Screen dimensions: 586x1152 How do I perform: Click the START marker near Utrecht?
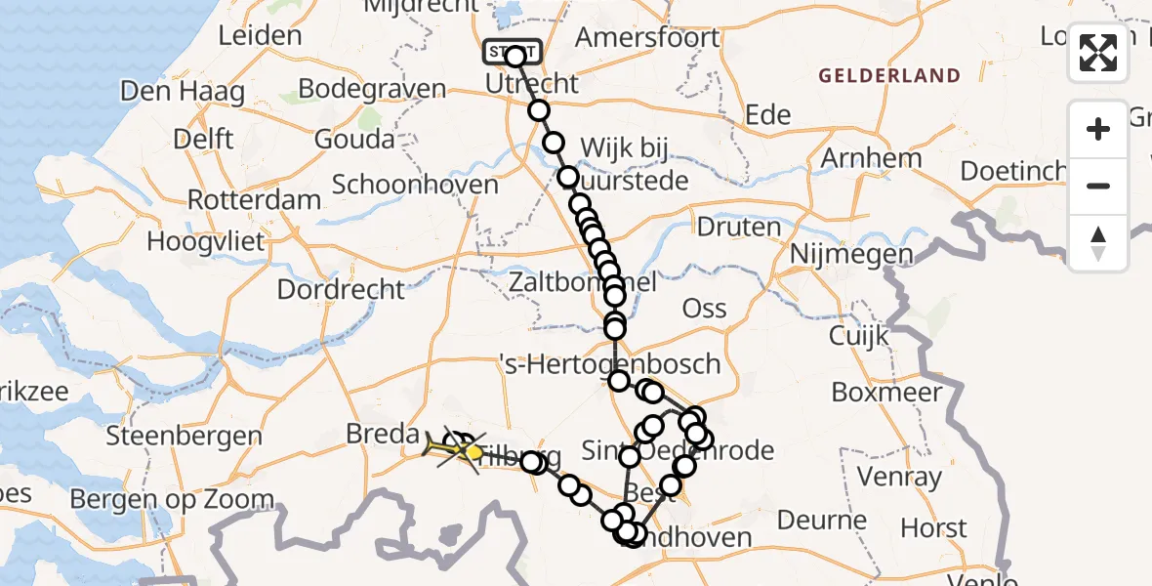(511, 52)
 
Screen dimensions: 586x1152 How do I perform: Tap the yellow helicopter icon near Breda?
(451, 448)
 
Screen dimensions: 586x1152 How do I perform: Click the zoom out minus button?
(1098, 186)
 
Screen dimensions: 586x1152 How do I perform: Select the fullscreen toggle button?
(1098, 53)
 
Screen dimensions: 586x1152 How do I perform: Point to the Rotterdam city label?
(254, 200)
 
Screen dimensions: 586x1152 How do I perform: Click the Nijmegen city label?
(851, 255)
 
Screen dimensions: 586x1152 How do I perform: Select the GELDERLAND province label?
(889, 75)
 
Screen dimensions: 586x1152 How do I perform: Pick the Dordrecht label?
(341, 290)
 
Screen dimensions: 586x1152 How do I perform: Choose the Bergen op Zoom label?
(172, 500)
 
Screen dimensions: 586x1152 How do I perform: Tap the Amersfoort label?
(647, 38)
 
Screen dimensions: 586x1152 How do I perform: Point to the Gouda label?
(354, 139)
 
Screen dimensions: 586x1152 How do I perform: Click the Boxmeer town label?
(886, 393)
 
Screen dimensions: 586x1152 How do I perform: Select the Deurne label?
(821, 520)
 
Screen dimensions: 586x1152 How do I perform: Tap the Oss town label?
(704, 309)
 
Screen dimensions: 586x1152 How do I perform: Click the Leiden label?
(260, 36)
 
